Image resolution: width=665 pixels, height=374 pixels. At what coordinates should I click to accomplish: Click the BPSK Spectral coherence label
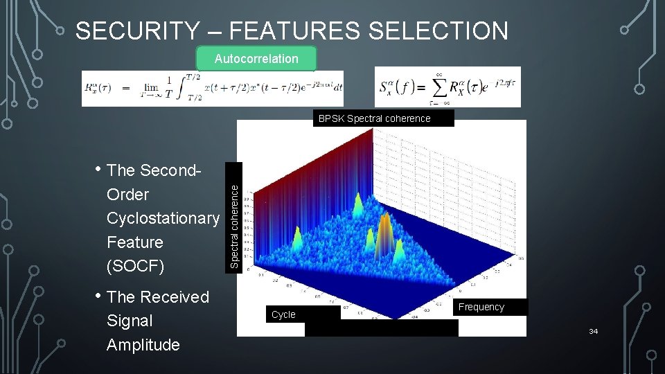(x=374, y=118)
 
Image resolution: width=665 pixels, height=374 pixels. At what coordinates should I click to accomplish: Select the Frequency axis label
(x=481, y=307)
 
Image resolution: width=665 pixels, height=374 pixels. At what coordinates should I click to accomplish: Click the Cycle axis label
(x=283, y=314)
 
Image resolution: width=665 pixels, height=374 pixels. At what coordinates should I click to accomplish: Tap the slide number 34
(x=593, y=332)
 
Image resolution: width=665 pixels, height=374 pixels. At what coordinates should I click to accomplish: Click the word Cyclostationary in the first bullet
(x=163, y=218)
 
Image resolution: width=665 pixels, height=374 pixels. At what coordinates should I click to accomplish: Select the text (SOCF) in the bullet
(x=136, y=266)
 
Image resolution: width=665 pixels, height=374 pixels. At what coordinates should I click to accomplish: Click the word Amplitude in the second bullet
(x=143, y=345)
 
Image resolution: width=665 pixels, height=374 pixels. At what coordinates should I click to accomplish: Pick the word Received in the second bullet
(x=174, y=296)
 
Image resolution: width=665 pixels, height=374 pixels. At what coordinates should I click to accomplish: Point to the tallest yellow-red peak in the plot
(x=385, y=225)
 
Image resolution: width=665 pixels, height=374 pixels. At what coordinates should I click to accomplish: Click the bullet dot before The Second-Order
(x=100, y=170)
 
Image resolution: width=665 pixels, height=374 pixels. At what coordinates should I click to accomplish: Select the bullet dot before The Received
(x=100, y=296)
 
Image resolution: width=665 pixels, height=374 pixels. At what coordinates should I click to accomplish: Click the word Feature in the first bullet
(x=135, y=242)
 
